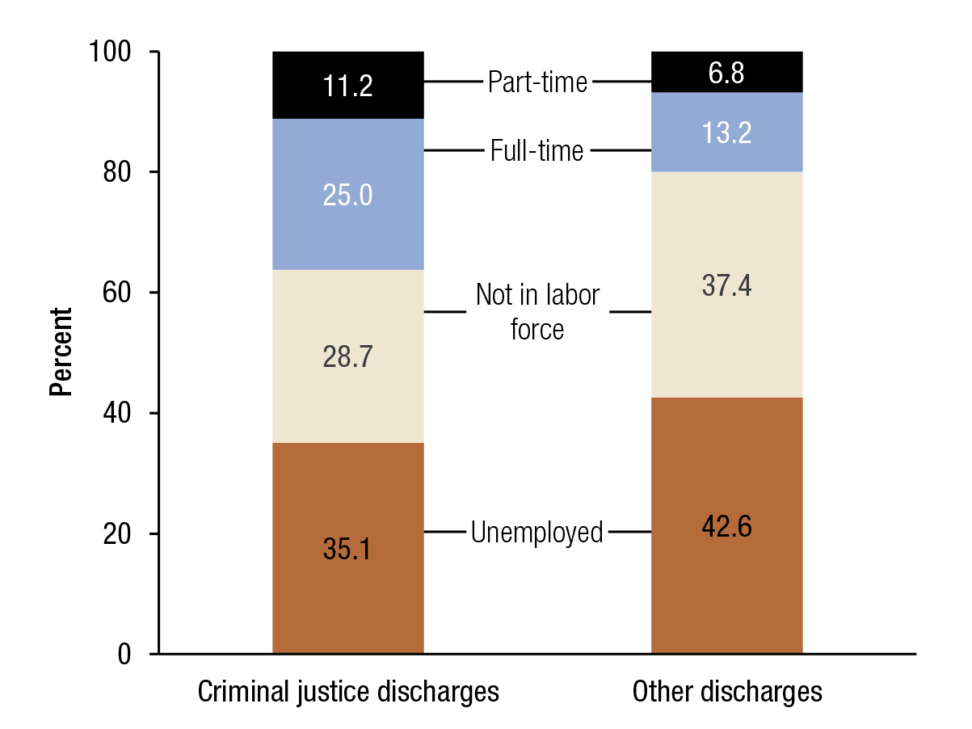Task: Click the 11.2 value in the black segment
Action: coord(347,86)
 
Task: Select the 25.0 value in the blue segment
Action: coord(347,196)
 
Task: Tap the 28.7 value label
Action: coord(347,357)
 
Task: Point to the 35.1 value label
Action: coord(347,549)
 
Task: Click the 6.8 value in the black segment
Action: coord(726,73)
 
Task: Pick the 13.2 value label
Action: coord(726,133)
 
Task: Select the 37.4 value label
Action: coord(726,285)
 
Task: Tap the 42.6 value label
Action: coord(726,526)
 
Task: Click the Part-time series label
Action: coord(537,82)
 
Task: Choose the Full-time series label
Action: coord(537,151)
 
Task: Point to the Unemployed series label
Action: coord(537,533)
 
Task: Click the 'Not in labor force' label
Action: coord(537,312)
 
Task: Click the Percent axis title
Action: coord(61,352)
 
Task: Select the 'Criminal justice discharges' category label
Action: coord(347,693)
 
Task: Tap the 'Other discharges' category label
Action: coord(726,693)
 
